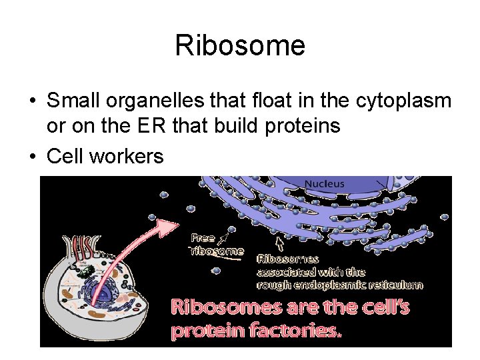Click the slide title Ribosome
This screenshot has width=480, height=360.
click(x=240, y=45)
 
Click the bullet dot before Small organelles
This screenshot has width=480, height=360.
click(x=32, y=102)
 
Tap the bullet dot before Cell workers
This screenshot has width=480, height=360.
click(x=32, y=157)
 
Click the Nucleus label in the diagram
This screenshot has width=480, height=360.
click(x=324, y=184)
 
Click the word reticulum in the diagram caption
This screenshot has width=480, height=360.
click(x=397, y=285)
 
